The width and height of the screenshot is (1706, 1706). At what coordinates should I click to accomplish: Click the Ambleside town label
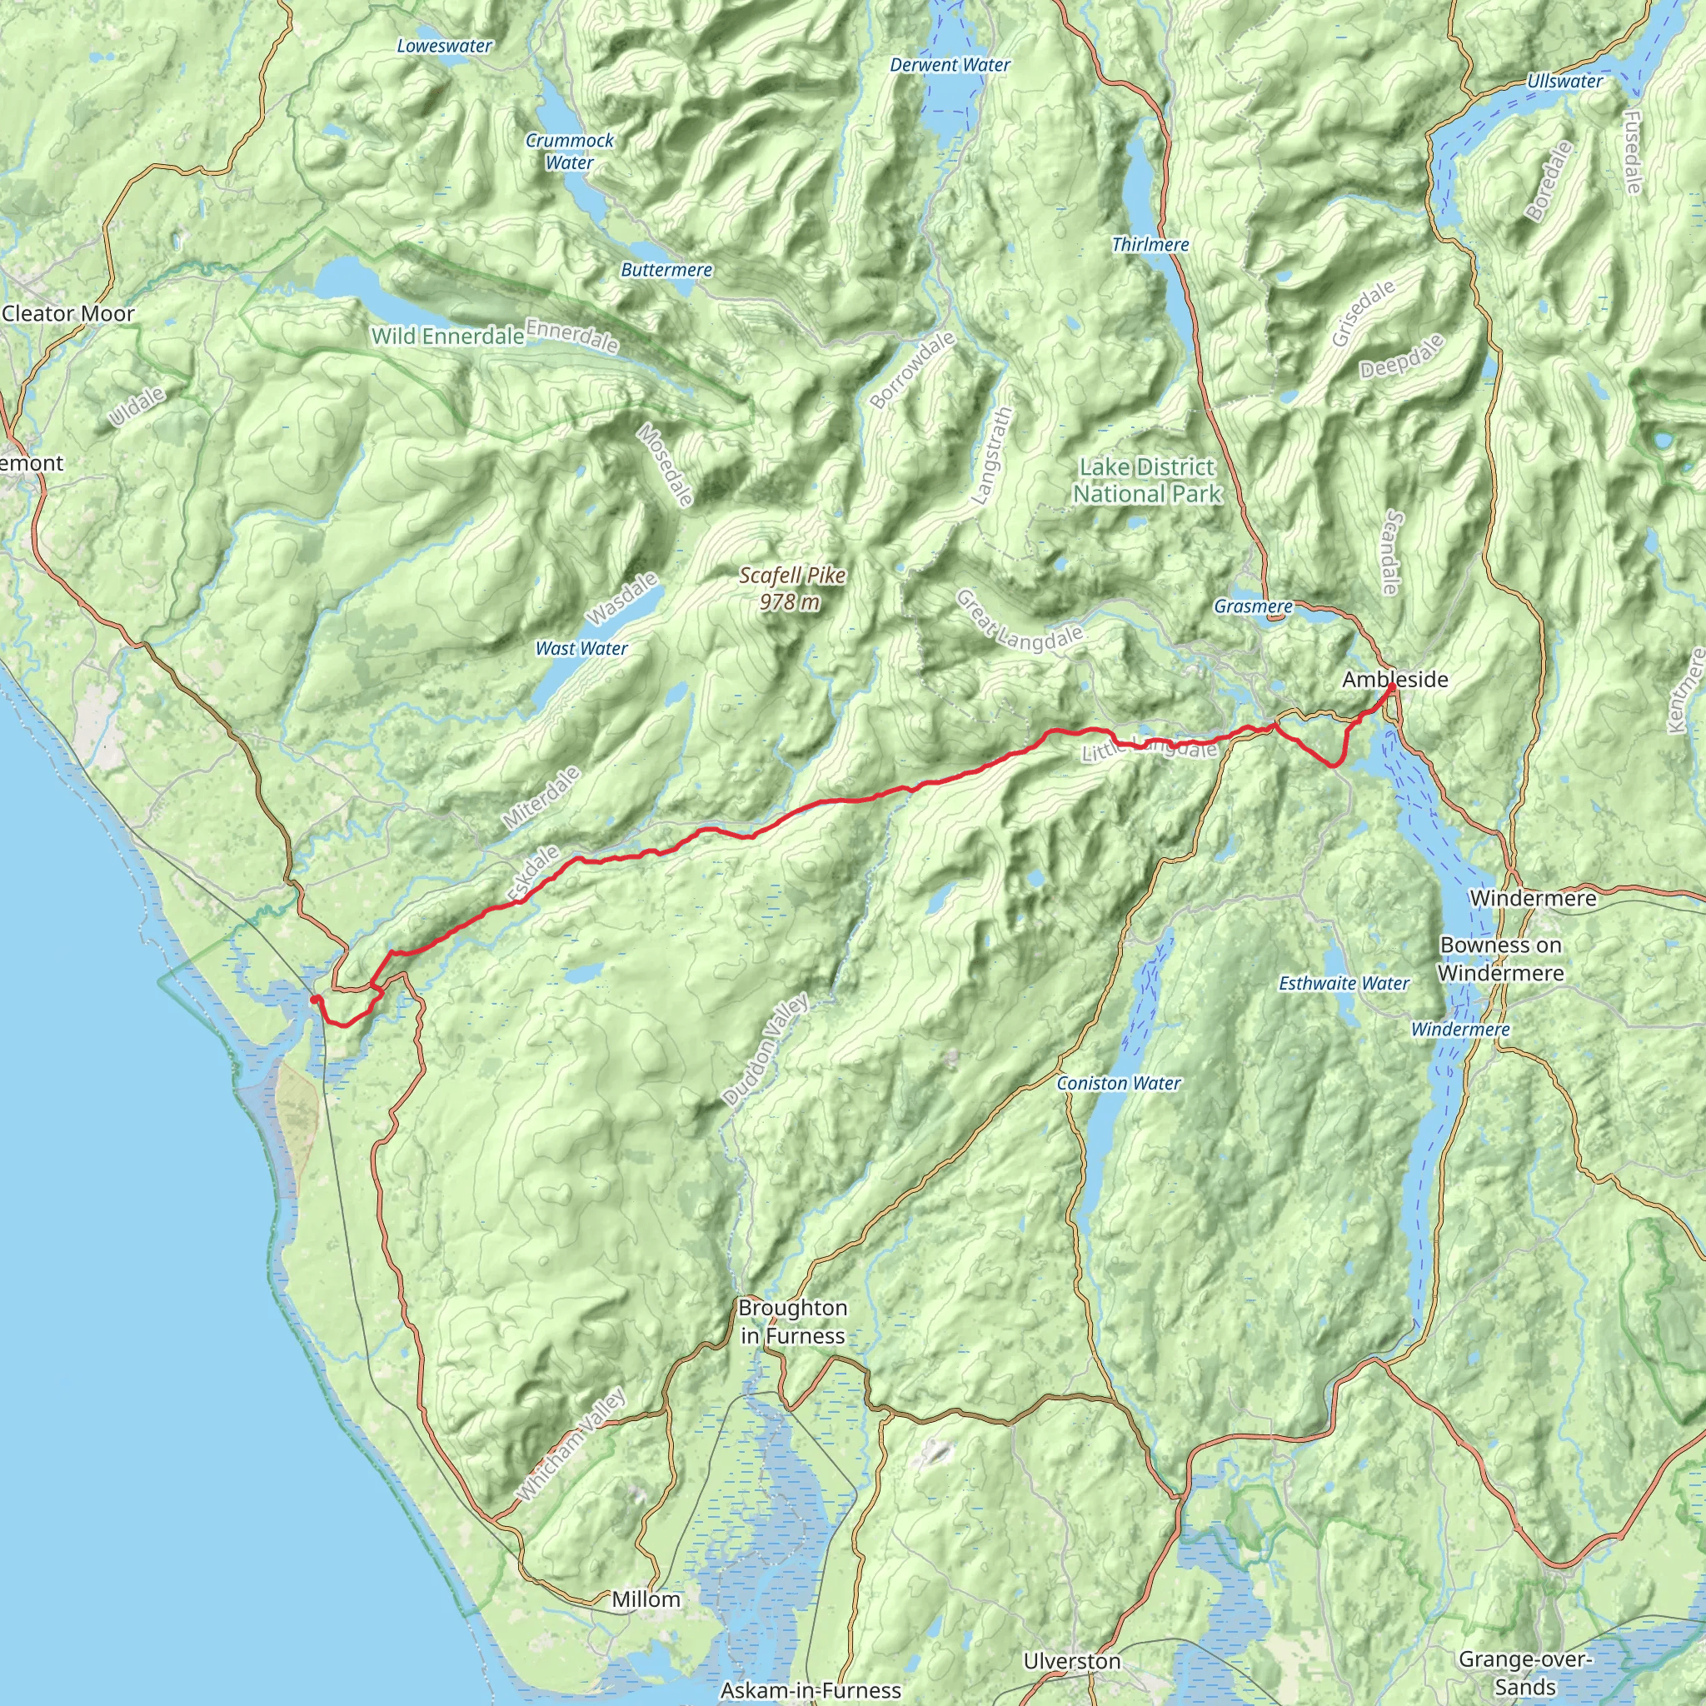[x=1394, y=679]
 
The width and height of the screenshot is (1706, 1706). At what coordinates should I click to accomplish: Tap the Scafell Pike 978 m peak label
[x=792, y=588]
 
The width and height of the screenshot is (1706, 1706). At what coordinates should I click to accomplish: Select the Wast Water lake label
[x=581, y=648]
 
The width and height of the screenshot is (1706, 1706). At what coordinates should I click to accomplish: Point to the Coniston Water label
[x=1118, y=1083]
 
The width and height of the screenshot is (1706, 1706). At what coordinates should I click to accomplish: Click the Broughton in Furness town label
[x=792, y=1321]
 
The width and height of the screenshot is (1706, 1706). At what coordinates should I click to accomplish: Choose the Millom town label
[x=646, y=1599]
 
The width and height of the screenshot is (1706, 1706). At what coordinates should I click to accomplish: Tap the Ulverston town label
[x=1071, y=1661]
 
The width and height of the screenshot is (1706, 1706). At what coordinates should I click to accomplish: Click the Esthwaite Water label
[x=1343, y=983]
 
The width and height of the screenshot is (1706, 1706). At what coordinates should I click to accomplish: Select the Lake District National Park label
[x=1146, y=481]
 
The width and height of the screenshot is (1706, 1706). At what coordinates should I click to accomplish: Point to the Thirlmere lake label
[x=1150, y=245]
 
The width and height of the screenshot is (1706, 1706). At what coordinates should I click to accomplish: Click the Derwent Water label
[x=950, y=64]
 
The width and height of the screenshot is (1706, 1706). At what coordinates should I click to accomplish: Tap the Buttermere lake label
[x=666, y=269]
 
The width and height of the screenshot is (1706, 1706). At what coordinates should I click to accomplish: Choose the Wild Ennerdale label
[x=446, y=336]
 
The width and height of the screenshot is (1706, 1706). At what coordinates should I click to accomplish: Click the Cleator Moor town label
[x=68, y=313]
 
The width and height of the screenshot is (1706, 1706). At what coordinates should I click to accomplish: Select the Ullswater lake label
[x=1564, y=82]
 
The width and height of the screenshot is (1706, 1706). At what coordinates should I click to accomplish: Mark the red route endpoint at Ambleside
[x=1393, y=686]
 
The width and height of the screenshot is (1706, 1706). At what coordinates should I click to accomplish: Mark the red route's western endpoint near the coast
[x=314, y=999]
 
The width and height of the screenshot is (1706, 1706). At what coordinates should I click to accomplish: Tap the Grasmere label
[x=1252, y=606]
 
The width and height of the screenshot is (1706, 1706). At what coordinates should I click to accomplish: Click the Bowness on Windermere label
[x=1500, y=958]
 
